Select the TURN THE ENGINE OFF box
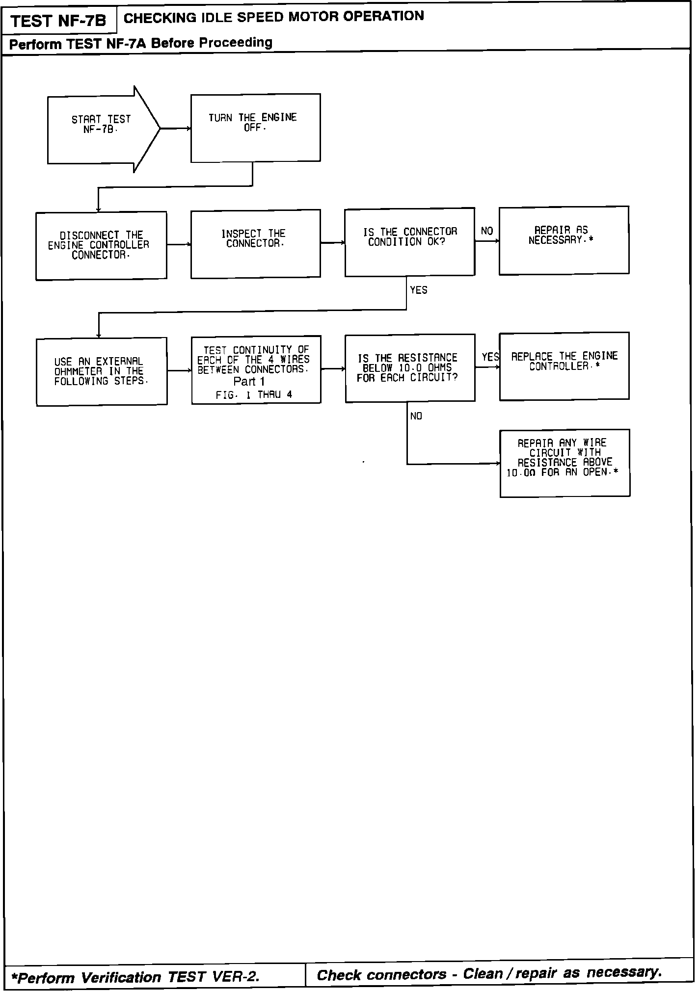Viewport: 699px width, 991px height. click(x=255, y=128)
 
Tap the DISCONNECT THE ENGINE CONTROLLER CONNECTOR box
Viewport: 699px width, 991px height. click(x=101, y=245)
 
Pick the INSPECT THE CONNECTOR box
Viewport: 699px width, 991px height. click(x=255, y=243)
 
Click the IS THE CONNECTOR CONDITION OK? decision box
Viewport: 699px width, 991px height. click(x=409, y=241)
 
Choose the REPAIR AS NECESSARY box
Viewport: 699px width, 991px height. click(x=564, y=240)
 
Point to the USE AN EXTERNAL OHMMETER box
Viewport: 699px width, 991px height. click(x=102, y=371)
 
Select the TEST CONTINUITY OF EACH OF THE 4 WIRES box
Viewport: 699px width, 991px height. click(x=256, y=369)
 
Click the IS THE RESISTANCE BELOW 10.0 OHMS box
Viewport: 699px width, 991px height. click(x=409, y=368)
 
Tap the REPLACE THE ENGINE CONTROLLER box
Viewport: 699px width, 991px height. click(x=564, y=366)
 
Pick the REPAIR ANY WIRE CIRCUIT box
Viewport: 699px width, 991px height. click(x=565, y=463)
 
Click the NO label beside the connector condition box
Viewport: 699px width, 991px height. click(x=487, y=231)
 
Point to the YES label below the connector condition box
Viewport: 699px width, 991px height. click(x=419, y=290)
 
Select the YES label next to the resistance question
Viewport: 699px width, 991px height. click(x=490, y=357)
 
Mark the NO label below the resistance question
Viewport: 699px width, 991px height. click(x=416, y=416)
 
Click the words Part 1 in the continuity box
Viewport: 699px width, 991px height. click(x=249, y=382)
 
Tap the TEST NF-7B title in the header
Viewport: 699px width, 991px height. click(x=58, y=21)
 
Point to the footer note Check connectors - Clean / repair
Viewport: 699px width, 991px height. click(x=488, y=974)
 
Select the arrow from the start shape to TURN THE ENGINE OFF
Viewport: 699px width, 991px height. click(x=175, y=129)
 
